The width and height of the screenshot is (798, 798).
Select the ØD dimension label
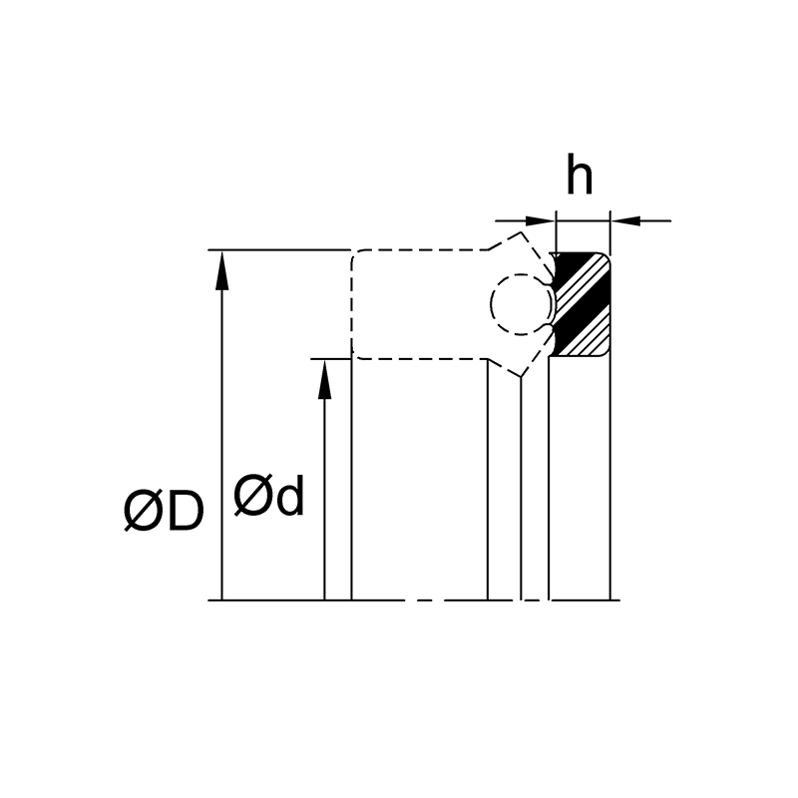coord(164,511)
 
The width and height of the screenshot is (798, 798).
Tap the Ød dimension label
coord(268,495)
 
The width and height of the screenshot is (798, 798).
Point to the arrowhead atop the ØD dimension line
coord(221,270)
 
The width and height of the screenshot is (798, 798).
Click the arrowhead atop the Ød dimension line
coord(325,379)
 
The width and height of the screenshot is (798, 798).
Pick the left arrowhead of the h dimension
coord(541,220)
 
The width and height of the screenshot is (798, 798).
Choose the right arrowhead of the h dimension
coord(625,220)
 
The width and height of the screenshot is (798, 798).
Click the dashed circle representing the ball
coord(521,304)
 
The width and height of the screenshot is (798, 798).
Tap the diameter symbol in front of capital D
coord(141,511)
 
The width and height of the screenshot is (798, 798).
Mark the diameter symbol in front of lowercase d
coord(251,495)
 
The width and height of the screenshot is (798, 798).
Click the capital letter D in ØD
coord(185,511)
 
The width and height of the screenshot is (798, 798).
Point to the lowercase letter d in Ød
coord(288,494)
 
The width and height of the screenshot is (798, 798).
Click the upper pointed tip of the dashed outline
coord(521,232)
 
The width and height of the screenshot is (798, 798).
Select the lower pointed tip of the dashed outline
coord(521,377)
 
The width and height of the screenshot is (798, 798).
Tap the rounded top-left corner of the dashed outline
coord(356,254)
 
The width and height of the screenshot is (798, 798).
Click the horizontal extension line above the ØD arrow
coord(279,250)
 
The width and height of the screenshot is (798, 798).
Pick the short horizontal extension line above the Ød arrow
coord(331,359)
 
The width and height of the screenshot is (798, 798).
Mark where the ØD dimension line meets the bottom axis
coord(221,600)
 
